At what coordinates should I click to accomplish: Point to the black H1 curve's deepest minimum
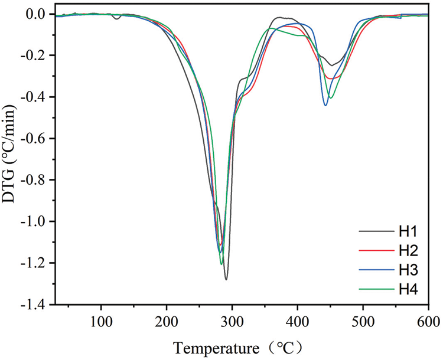(x=226, y=279)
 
